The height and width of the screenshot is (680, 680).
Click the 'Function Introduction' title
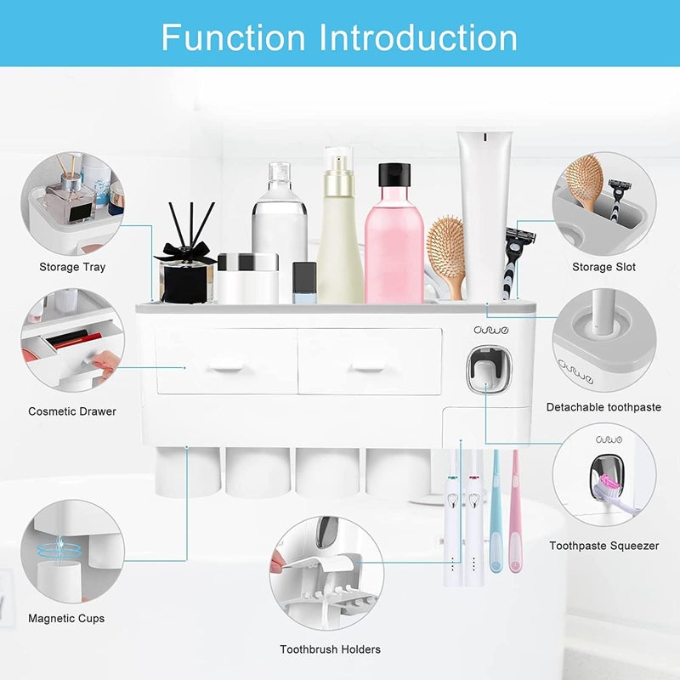(x=339, y=37)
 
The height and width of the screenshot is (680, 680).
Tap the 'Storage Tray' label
(x=72, y=267)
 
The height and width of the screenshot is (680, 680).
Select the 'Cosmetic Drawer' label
(x=72, y=411)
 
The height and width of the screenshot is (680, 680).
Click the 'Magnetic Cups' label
(x=66, y=618)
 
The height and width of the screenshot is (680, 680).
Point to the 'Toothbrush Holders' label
(x=331, y=649)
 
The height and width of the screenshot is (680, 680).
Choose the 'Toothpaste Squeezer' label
(x=603, y=546)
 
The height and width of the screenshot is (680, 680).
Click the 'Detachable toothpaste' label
(x=603, y=407)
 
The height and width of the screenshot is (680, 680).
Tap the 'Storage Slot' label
(x=603, y=267)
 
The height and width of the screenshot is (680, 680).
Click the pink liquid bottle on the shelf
(x=394, y=246)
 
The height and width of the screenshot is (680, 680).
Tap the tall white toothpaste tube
(x=484, y=212)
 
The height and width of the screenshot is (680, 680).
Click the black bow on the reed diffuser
(x=184, y=253)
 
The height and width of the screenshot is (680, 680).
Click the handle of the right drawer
(x=370, y=368)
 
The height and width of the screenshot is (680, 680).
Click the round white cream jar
(x=247, y=278)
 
